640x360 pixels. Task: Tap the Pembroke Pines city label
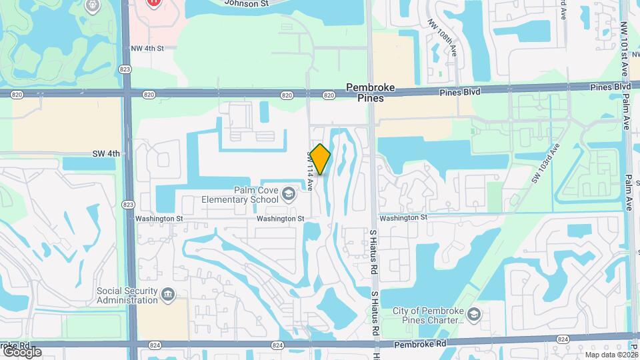371,93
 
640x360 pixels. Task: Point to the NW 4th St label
147,48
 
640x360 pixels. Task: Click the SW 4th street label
107,154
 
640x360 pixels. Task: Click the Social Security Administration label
127,295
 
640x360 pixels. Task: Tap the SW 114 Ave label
310,171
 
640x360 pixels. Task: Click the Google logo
21,351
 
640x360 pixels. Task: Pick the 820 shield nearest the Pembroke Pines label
329,95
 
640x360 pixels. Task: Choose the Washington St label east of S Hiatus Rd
403,218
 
